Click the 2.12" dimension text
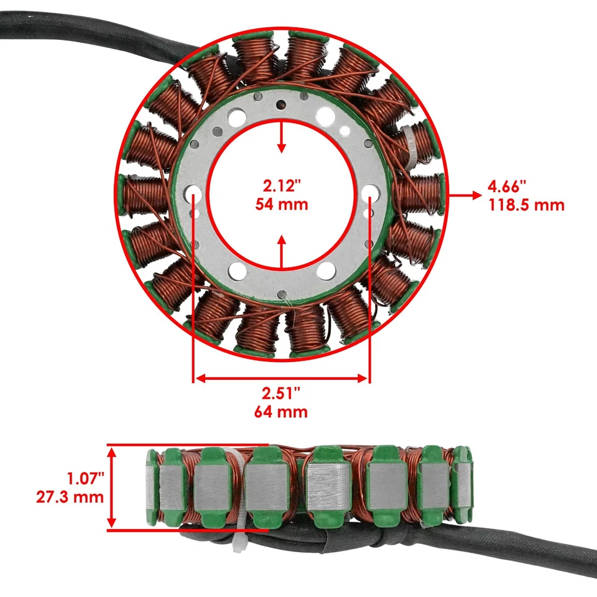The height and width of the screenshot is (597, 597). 282,185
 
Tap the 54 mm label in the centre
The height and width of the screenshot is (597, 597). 282,203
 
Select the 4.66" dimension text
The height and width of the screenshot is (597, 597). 507,185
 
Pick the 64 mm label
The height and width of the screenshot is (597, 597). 281,412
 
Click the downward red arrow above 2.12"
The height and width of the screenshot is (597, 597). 282,138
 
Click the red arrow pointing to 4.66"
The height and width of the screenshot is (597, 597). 464,195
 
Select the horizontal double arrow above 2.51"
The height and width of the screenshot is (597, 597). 282,377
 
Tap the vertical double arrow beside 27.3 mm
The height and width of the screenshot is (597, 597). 113,488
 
